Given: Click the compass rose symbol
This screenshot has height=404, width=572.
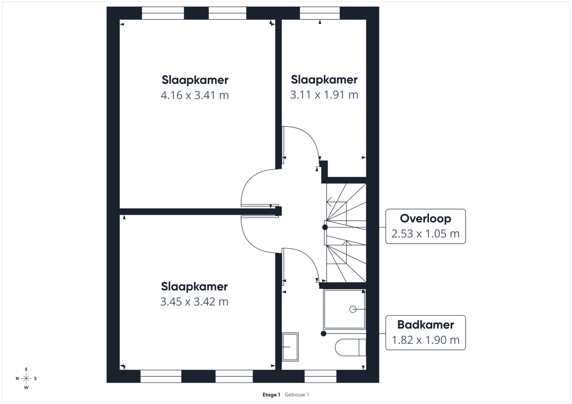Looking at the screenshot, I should (x=26, y=378).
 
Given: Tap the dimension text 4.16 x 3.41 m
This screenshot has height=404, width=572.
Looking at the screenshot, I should (x=194, y=95).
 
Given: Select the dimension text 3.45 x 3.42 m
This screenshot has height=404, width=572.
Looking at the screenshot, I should (x=194, y=302).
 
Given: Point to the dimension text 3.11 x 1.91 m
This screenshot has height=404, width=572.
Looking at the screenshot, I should (x=324, y=95).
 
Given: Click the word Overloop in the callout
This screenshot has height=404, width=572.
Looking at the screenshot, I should (x=425, y=219).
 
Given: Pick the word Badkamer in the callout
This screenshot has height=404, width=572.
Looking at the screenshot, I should (x=425, y=325).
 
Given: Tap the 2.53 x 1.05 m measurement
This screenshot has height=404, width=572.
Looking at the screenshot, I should (x=425, y=233).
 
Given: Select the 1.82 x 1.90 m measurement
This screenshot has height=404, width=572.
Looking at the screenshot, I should (x=425, y=340).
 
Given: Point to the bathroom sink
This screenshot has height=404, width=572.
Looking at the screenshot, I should (x=290, y=346).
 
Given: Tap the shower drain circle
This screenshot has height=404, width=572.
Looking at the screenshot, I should (x=352, y=309).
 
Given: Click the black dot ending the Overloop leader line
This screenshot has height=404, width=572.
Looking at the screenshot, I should (x=325, y=227).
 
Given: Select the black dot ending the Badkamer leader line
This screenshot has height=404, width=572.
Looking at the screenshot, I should (x=324, y=333).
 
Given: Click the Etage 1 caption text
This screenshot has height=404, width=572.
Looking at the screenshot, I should (x=271, y=395).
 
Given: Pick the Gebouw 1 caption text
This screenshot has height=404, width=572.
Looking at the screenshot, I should (x=297, y=395).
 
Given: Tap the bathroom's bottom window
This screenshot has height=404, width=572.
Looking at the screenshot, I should (x=320, y=376).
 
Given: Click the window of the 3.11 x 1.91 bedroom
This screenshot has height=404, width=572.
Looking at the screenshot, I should (x=320, y=13).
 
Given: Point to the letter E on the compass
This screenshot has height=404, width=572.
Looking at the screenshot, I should (x=26, y=369).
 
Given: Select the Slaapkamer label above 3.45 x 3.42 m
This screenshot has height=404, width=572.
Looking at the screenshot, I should (x=194, y=287).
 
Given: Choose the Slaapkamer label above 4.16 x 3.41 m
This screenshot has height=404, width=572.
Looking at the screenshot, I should (x=195, y=80).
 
